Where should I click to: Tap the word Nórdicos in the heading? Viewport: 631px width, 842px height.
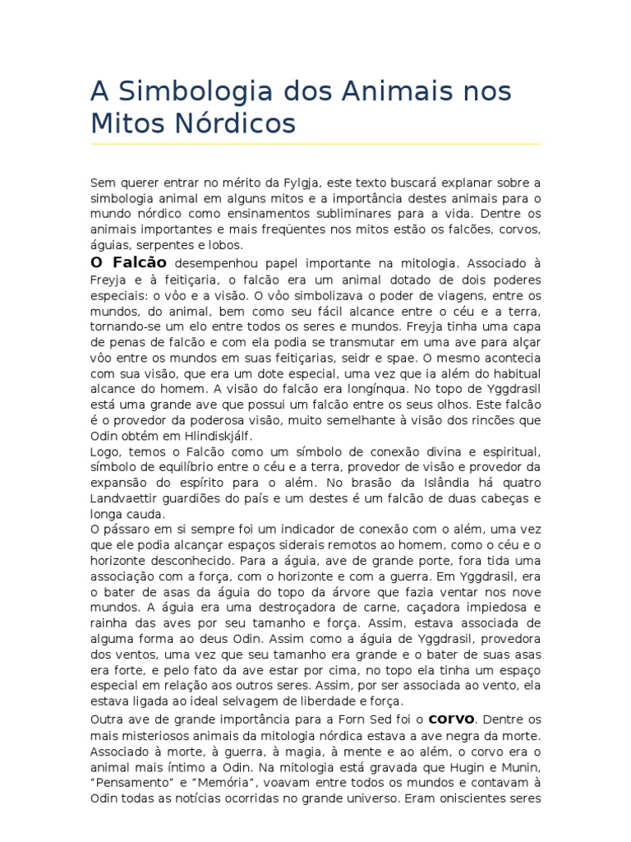point(231,123)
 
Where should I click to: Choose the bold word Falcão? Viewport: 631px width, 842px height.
point(137,262)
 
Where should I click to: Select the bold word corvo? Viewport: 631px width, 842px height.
point(452,717)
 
